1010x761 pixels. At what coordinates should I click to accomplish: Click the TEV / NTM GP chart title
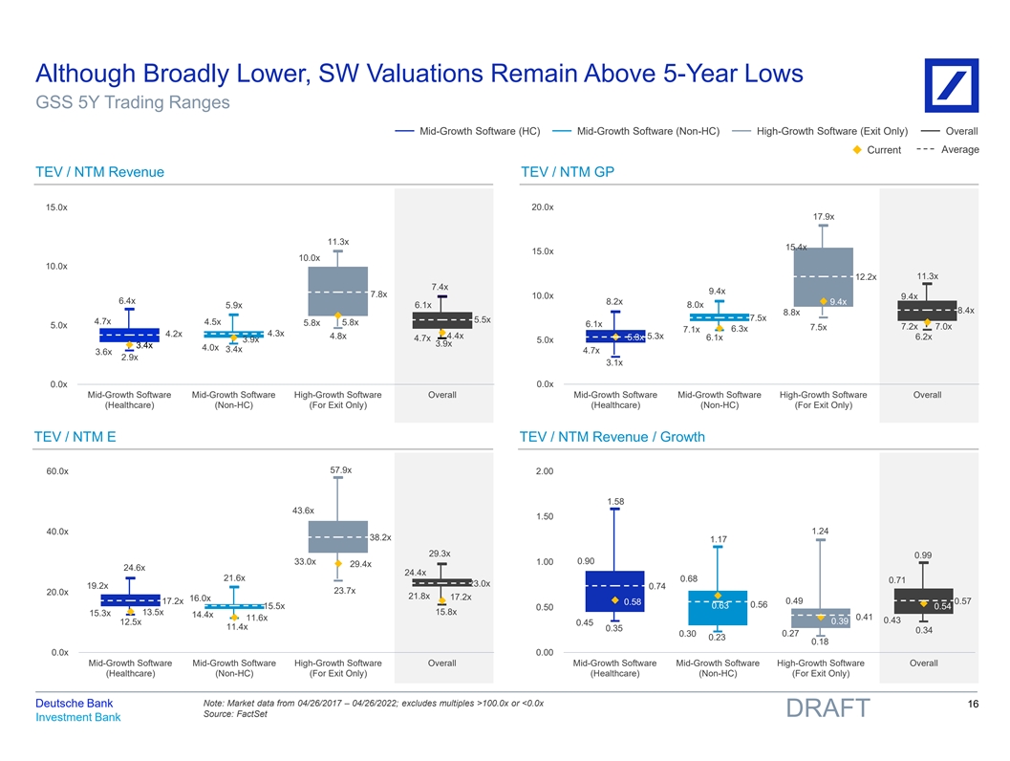(568, 172)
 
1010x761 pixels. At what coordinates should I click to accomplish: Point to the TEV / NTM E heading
(75, 437)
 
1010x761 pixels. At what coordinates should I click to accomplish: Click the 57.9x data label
(341, 470)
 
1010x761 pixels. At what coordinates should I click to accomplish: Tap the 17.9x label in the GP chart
(824, 217)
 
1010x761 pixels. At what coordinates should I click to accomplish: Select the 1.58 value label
(616, 501)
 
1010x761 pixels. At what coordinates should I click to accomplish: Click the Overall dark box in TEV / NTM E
(441, 583)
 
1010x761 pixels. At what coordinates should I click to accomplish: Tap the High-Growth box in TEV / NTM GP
(824, 279)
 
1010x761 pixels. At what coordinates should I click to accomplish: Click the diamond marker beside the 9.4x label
(822, 301)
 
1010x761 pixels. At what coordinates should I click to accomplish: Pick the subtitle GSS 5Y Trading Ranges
(132, 102)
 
